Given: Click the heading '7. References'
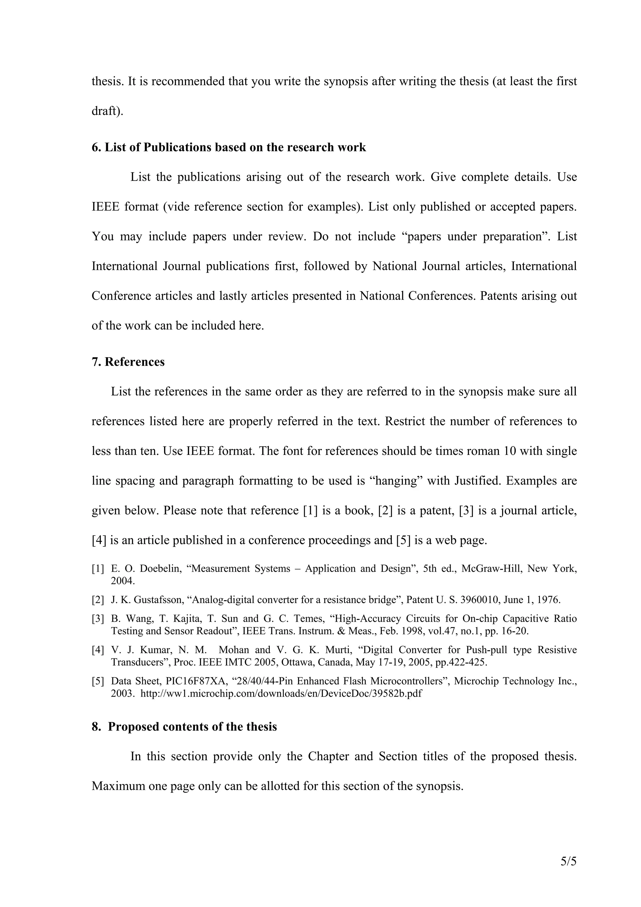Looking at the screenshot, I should (x=128, y=362).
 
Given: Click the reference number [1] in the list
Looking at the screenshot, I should (x=98, y=569).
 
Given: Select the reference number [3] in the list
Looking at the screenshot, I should (x=98, y=619).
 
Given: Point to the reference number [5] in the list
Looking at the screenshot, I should (x=98, y=681).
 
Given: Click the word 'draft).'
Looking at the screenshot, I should (x=107, y=111).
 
